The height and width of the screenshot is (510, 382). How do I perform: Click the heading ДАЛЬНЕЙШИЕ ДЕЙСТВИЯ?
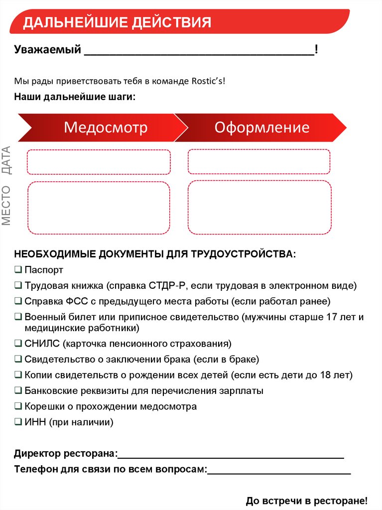click(x=117, y=22)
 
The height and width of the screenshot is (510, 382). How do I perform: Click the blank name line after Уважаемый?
click(x=199, y=52)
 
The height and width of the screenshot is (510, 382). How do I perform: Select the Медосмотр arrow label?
click(x=106, y=127)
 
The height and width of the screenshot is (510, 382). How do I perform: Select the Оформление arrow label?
click(x=262, y=127)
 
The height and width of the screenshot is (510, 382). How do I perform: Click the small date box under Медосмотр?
click(x=99, y=162)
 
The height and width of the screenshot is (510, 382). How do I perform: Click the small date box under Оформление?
click(x=259, y=162)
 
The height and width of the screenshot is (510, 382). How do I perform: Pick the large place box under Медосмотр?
click(x=99, y=208)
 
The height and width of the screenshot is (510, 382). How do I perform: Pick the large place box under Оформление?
click(x=259, y=207)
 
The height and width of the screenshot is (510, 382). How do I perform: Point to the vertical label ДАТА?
click(x=6, y=160)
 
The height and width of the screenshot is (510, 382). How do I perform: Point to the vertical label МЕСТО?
click(x=6, y=205)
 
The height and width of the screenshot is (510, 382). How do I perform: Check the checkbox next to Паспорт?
click(x=18, y=270)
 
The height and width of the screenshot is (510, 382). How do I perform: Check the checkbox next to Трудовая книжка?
click(x=18, y=285)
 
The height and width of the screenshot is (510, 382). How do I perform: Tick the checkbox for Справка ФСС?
click(x=18, y=301)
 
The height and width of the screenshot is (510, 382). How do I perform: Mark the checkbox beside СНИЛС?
click(x=18, y=344)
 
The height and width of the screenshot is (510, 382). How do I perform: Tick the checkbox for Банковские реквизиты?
click(x=18, y=390)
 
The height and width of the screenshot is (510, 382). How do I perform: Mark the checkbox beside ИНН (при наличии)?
click(x=18, y=422)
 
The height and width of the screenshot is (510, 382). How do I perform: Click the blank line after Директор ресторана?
click(x=231, y=455)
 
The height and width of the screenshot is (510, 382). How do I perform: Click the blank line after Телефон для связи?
click(x=279, y=471)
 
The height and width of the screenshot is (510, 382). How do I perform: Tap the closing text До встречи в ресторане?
click(x=306, y=501)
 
